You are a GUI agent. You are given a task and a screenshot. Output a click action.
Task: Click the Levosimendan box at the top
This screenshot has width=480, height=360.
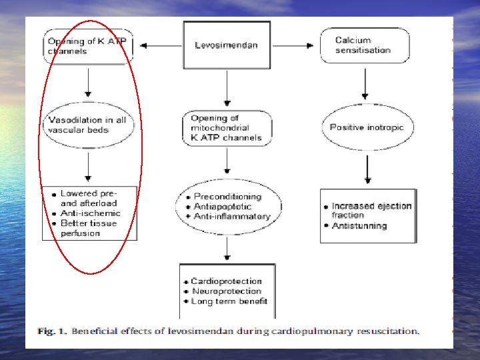(x=227, y=45)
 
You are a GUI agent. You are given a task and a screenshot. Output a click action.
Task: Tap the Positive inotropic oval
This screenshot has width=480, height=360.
(x=367, y=127)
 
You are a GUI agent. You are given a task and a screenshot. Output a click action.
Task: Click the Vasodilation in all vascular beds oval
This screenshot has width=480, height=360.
(x=88, y=125)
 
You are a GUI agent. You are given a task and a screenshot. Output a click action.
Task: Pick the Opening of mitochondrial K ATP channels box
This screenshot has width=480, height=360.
(x=227, y=128)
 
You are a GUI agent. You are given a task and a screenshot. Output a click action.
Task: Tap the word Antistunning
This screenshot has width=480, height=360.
(x=359, y=226)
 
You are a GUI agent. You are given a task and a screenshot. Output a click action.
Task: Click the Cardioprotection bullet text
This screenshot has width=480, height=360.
(x=226, y=281)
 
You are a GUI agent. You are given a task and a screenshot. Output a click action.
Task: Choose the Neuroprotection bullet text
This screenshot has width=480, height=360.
(x=227, y=291)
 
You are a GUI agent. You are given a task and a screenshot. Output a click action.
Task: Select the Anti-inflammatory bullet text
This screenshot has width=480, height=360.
(x=232, y=217)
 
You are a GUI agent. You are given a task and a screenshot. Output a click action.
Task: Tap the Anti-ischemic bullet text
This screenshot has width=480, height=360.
(x=91, y=213)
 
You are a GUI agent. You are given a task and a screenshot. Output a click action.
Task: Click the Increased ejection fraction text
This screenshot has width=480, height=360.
(x=371, y=210)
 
